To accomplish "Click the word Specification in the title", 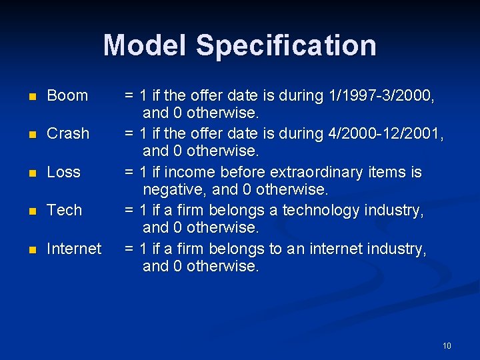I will click(286, 45).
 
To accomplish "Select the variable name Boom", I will click(67, 95).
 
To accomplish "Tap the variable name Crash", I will click(68, 133).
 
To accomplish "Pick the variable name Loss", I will click(64, 172).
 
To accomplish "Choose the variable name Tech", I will click(65, 210).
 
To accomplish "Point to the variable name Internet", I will click(74, 249).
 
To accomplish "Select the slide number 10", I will click(447, 345).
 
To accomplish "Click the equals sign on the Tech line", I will click(130, 210).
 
